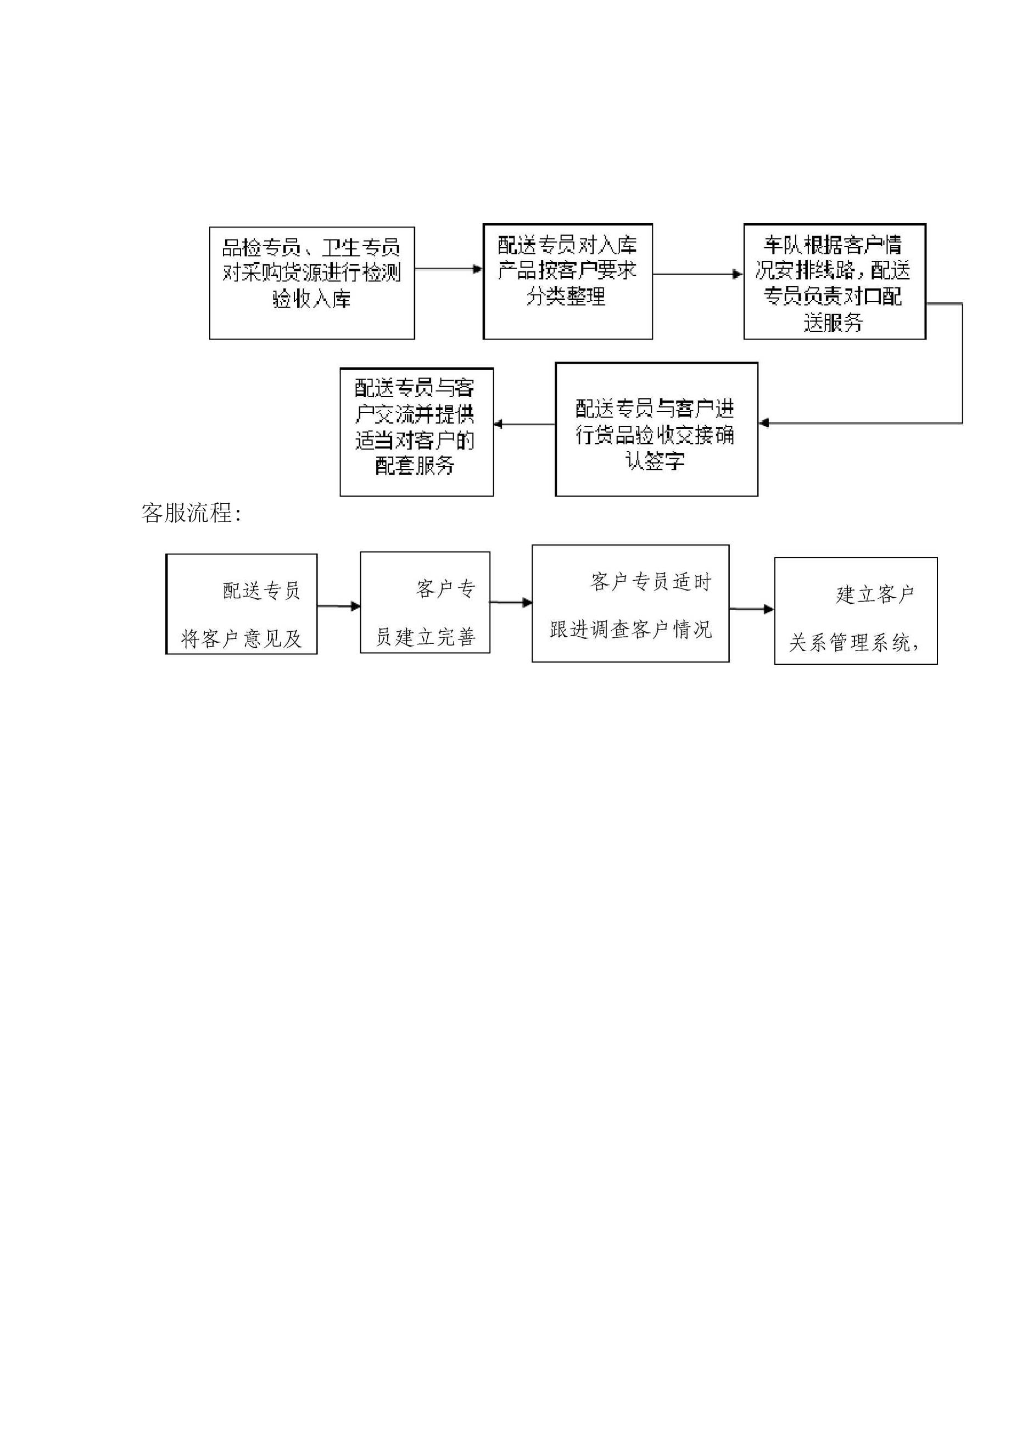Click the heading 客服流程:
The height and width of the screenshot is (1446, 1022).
[x=192, y=513]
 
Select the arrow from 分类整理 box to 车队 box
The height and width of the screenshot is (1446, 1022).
[x=697, y=274]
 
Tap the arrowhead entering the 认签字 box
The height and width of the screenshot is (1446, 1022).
[x=763, y=422]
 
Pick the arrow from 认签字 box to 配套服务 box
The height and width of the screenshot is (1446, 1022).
[x=524, y=424]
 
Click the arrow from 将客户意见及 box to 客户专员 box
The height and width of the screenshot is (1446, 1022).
[x=339, y=606]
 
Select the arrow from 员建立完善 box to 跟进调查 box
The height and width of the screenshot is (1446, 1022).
[x=511, y=603]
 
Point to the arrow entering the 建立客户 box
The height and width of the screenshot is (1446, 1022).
[x=752, y=609]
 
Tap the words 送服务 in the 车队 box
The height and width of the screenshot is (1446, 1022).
[x=833, y=322]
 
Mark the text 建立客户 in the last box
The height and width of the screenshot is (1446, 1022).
[x=875, y=594]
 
